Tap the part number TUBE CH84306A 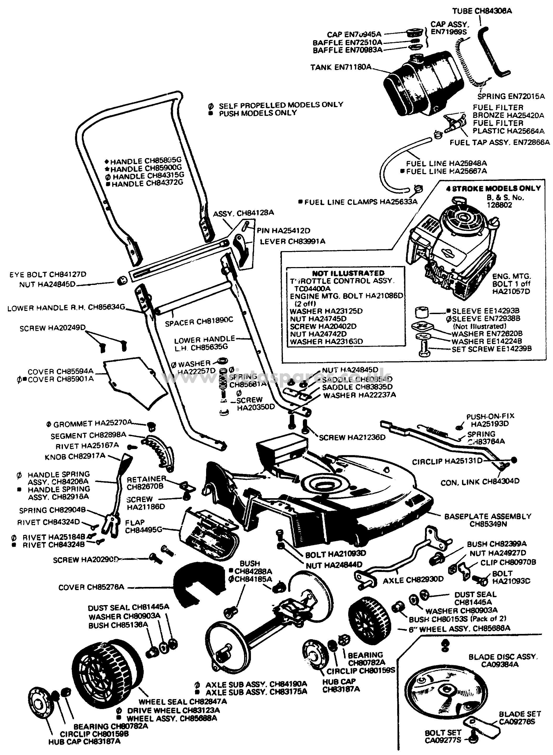tap(482, 11)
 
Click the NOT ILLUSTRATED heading tap(348, 273)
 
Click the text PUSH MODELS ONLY tap(258, 113)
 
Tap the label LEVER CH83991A tap(292, 241)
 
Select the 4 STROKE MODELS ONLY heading tap(493, 188)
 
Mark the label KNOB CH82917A tap(75, 456)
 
